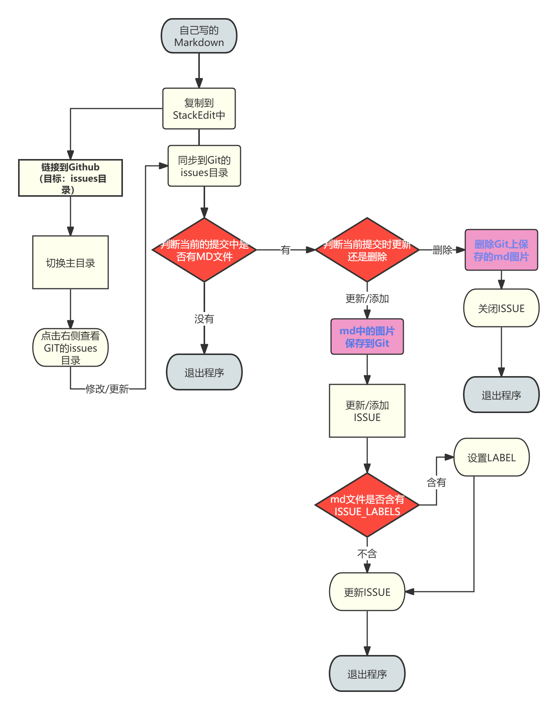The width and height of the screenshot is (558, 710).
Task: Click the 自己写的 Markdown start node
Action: (x=199, y=36)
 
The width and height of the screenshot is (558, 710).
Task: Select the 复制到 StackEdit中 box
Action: (x=199, y=109)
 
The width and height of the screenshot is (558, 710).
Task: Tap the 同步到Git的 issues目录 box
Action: (x=204, y=166)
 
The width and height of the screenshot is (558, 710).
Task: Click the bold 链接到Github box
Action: (x=71, y=178)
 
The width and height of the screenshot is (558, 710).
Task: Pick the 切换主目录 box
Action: (x=71, y=263)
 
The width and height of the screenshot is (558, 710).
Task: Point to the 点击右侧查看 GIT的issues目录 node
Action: (x=71, y=347)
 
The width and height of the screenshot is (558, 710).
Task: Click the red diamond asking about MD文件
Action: (x=204, y=250)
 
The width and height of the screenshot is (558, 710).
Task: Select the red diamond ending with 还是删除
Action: (x=367, y=250)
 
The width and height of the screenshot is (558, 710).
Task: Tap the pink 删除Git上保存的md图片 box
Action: (x=501, y=250)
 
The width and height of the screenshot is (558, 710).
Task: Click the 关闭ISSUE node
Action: (x=501, y=308)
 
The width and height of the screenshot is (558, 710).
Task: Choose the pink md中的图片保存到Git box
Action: (x=367, y=337)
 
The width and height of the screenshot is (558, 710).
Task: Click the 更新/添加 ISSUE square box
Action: (x=367, y=411)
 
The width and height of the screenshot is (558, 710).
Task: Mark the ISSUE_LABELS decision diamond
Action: (x=367, y=505)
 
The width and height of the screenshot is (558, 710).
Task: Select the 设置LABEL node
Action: (x=491, y=458)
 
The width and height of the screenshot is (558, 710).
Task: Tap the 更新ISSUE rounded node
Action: (x=367, y=592)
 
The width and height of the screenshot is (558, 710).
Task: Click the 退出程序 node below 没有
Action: (x=204, y=372)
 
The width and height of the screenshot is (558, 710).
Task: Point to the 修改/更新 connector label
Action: (x=107, y=389)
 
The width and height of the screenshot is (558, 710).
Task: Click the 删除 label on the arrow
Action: (x=442, y=250)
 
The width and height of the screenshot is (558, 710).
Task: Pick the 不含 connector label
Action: (x=367, y=554)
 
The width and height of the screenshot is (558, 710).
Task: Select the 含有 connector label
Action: (x=436, y=482)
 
